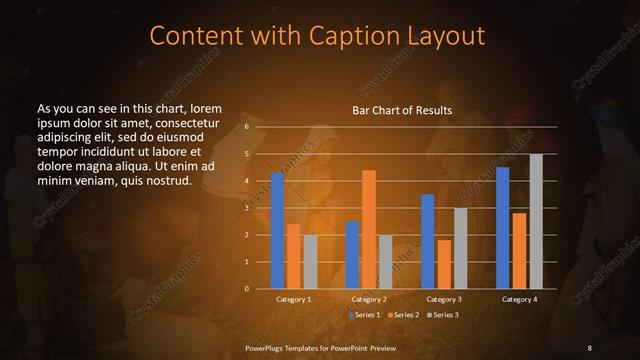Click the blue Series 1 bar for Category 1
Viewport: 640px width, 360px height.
coord(277,231)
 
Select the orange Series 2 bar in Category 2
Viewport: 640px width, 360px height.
coord(368,229)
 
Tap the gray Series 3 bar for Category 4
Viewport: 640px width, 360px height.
coord(535,221)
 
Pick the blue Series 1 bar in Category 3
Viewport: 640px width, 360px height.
coord(427,241)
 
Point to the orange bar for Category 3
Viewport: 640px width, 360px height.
coord(444,264)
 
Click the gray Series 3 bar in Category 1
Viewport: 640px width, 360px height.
coord(310,261)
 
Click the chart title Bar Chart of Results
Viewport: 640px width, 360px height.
coord(401,110)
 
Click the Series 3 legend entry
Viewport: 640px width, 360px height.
coord(443,315)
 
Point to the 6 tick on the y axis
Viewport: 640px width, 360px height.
coord(246,128)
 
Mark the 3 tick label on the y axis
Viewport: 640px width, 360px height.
coord(246,208)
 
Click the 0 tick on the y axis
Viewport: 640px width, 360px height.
coord(246,289)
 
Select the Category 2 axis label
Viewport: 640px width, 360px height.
coord(368,300)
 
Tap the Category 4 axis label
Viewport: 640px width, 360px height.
coord(519,300)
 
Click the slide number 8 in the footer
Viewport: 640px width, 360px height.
coord(589,347)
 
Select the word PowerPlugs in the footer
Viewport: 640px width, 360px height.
coord(269,347)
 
